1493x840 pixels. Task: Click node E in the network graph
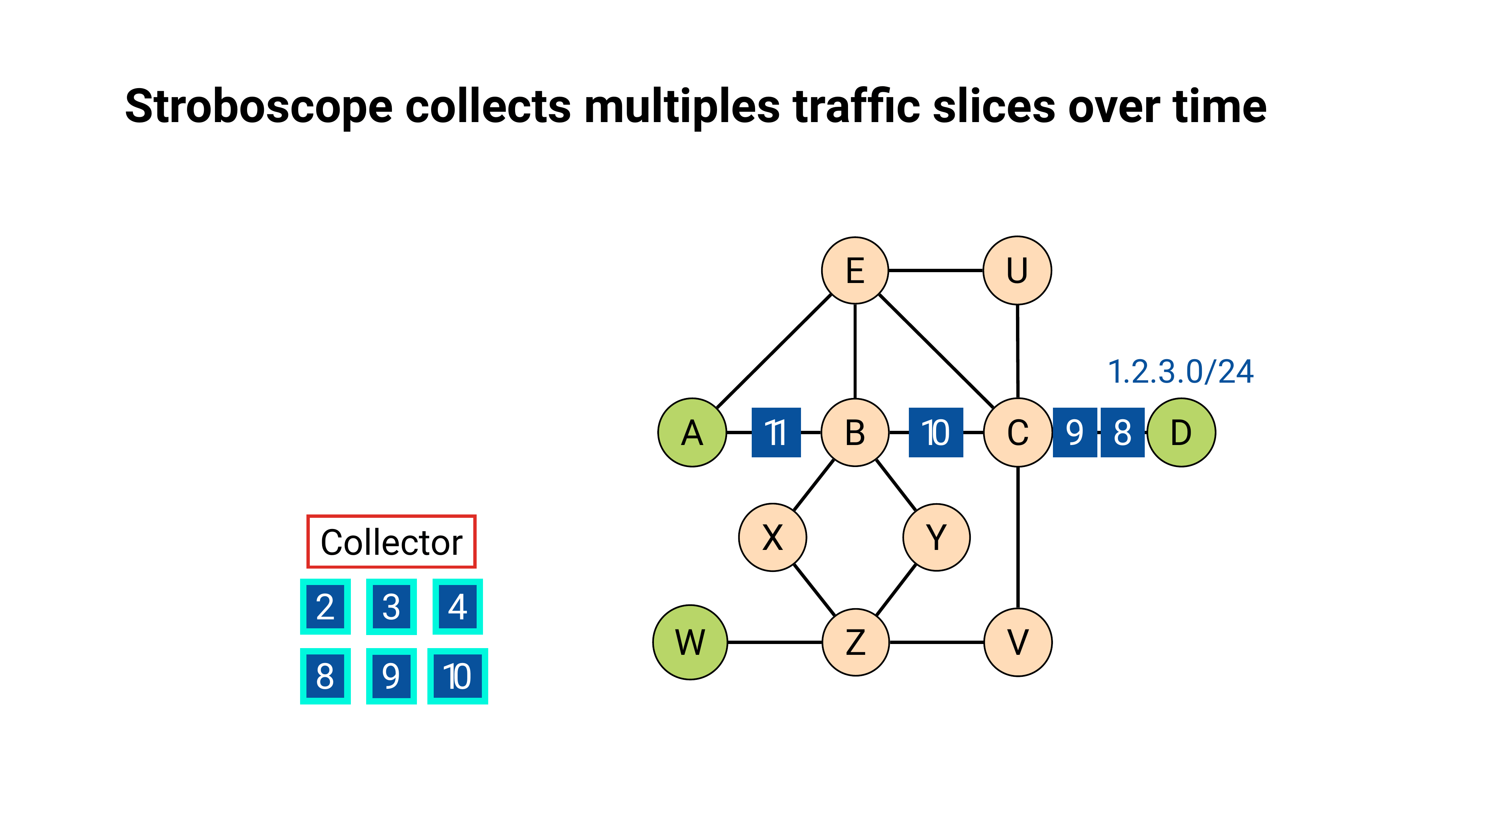pos(855,270)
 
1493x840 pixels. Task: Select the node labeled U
pos(1017,270)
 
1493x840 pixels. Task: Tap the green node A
pos(692,432)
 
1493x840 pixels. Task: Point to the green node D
pos(1181,432)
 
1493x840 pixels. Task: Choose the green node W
pos(690,642)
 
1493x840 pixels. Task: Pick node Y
pos(936,537)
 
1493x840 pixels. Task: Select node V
pos(1018,642)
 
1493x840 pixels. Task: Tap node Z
pos(855,642)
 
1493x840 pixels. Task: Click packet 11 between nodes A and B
pos(776,432)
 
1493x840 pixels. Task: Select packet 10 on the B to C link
pos(935,432)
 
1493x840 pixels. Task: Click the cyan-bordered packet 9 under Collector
pos(391,676)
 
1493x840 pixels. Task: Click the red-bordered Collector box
pos(391,541)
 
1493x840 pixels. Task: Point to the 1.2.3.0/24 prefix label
pos(1181,371)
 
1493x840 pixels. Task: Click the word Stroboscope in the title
pos(259,107)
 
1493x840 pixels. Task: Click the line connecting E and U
pos(935,270)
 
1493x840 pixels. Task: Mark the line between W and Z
pos(774,642)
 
